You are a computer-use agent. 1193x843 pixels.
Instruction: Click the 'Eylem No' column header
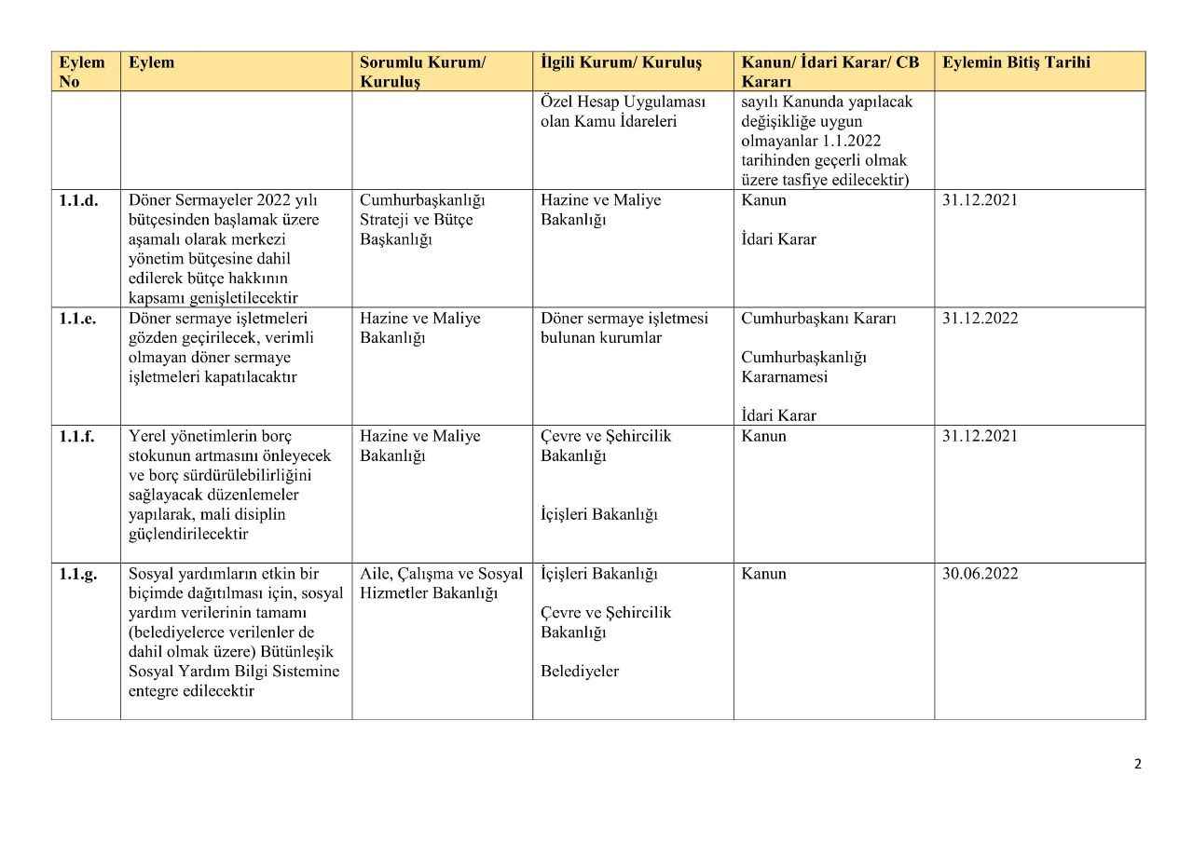[82, 72]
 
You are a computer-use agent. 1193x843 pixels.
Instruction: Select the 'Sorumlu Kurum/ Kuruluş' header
[422, 72]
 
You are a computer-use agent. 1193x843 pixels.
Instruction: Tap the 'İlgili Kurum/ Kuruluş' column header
[621, 63]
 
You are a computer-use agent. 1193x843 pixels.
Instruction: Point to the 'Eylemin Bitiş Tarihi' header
[1016, 63]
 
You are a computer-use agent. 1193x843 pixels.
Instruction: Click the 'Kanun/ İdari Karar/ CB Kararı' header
[830, 72]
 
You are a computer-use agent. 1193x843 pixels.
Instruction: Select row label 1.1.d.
[79, 200]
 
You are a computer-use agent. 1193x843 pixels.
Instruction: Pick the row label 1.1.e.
[78, 319]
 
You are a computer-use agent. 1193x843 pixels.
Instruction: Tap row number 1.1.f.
[77, 436]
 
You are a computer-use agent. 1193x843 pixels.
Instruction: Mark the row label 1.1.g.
[78, 574]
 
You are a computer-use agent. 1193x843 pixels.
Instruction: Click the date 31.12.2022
[980, 319]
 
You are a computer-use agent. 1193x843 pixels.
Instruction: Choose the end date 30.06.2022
[980, 574]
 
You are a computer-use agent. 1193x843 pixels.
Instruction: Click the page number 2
[1137, 765]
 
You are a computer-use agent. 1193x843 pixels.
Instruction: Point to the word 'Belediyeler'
[579, 672]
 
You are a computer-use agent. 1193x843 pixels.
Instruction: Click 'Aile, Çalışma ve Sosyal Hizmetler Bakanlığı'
[441, 583]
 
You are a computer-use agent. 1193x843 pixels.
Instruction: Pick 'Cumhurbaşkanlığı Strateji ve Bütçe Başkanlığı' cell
[422, 220]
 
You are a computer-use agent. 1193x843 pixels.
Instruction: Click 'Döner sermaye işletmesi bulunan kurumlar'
[624, 328]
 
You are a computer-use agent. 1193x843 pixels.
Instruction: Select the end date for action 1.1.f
[980, 436]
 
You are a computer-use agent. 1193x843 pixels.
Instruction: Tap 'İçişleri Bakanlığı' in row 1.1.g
[598, 574]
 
